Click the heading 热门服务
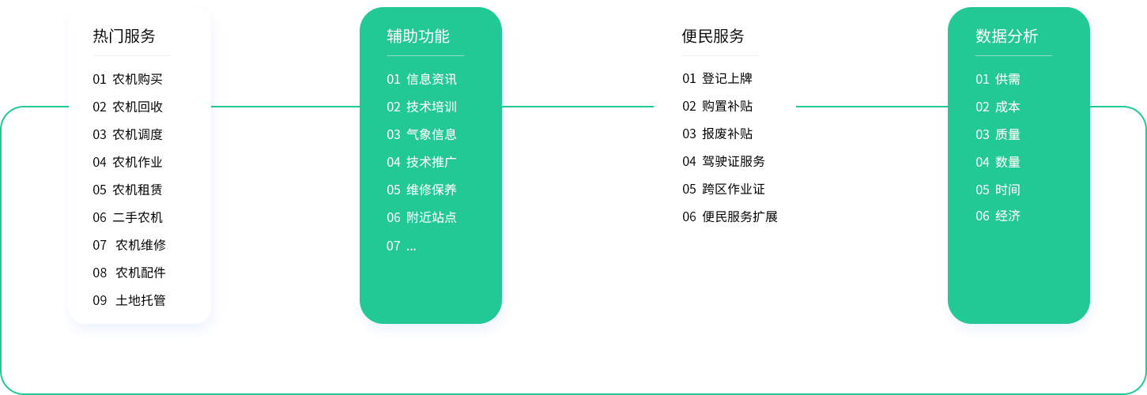(124, 36)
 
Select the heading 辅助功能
(418, 36)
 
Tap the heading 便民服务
(713, 36)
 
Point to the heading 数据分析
(1007, 36)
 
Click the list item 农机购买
(138, 79)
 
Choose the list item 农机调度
(138, 134)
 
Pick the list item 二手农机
(138, 217)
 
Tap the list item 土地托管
(141, 300)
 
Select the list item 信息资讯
(432, 79)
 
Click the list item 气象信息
(432, 134)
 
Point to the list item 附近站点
(432, 217)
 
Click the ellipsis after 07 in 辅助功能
(411, 246)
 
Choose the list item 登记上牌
(727, 78)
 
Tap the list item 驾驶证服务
(734, 161)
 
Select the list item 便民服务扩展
(740, 216)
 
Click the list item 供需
(1008, 79)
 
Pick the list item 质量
(1008, 134)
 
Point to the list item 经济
(1008, 216)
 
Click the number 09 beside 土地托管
(100, 300)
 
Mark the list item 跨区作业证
(734, 189)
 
